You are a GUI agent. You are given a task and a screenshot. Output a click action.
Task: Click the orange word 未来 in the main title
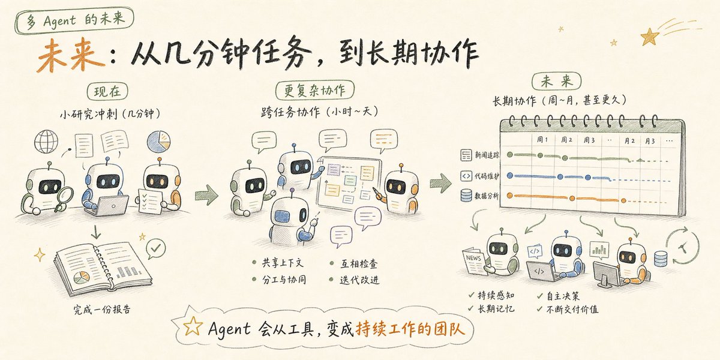point(71,55)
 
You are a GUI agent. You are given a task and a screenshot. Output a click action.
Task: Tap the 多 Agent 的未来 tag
point(74,20)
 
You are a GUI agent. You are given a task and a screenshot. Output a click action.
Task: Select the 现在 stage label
point(107,92)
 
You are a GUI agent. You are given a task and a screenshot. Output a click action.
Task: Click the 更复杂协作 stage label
point(314,90)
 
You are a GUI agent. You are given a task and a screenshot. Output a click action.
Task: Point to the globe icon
point(46,142)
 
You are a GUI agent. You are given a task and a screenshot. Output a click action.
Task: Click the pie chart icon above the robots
point(159,142)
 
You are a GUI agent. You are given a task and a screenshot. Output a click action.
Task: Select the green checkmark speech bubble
point(155,248)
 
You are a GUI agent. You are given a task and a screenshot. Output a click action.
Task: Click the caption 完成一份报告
point(102,310)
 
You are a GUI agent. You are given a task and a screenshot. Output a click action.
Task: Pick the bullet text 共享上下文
point(283,263)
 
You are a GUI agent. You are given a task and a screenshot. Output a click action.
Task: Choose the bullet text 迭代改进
point(359,280)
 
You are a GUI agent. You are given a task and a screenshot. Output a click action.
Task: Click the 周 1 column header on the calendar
point(542,139)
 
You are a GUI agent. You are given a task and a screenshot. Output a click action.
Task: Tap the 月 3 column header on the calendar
point(650,141)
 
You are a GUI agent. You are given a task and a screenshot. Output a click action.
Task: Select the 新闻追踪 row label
point(487,155)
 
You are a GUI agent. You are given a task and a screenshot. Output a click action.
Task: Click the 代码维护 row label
point(487,176)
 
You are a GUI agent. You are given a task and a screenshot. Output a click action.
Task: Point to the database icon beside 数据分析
point(466,195)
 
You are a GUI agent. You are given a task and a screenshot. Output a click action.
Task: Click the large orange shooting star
point(650,37)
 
